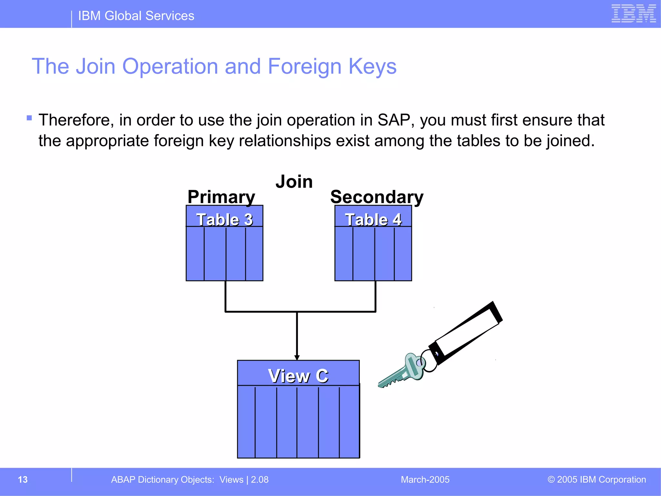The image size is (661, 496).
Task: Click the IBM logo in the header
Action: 633,14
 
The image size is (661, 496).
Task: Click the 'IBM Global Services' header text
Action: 136,16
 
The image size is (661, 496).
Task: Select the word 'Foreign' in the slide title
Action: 305,66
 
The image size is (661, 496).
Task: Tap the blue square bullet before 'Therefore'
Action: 29,118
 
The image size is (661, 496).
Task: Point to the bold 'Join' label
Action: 294,181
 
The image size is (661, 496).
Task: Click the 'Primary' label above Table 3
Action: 221,197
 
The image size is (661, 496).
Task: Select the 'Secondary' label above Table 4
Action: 377,197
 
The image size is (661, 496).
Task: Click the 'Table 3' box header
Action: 225,219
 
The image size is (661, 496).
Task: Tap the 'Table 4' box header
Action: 373,219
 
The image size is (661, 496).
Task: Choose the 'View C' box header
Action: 298,376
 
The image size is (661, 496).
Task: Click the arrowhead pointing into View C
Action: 297,357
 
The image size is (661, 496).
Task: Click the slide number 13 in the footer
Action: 23,480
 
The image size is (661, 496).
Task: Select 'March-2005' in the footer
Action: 425,480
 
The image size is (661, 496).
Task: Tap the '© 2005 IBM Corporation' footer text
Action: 596,480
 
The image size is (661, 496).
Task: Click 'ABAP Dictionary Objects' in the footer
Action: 162,480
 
